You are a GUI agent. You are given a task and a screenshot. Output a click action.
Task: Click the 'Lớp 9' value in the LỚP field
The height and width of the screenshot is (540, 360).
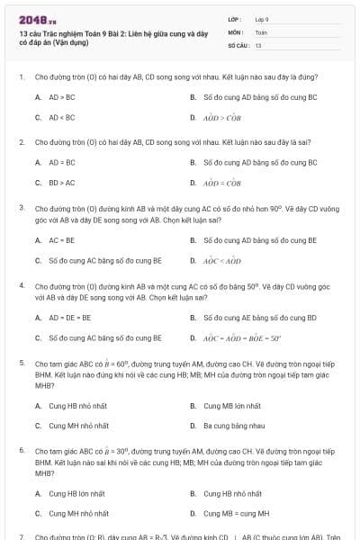coord(262,19)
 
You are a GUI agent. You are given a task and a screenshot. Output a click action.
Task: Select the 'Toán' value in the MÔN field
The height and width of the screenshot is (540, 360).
coord(261,31)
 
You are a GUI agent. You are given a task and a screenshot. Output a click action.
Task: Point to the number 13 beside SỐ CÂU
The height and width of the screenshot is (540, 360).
coord(258,44)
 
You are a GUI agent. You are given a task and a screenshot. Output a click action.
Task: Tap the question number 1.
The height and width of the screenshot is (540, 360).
coord(21,78)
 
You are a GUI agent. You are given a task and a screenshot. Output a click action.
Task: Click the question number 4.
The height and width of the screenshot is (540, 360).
coord(21,285)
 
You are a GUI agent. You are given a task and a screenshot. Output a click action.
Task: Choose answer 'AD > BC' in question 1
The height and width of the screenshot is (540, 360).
coord(61,96)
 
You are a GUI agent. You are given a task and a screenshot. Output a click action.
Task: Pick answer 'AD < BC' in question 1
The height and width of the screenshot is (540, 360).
coord(61,117)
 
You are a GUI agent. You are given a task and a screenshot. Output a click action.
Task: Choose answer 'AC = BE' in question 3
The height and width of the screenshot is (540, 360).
coord(61,240)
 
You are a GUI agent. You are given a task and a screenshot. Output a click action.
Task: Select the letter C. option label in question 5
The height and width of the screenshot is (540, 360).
coord(38,426)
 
